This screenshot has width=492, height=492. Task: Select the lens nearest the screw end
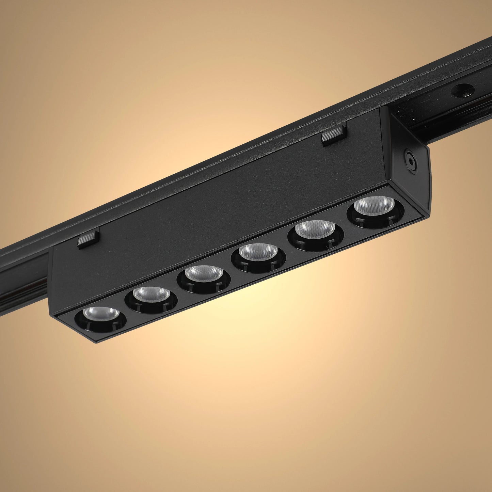(x=374, y=206)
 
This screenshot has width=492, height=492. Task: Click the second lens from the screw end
(x=315, y=229)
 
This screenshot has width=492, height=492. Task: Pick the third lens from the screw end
(x=258, y=252)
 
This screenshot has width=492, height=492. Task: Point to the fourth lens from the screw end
(x=204, y=273)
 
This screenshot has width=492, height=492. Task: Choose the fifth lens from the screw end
(x=152, y=294)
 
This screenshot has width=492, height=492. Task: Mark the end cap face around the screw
(x=407, y=170)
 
